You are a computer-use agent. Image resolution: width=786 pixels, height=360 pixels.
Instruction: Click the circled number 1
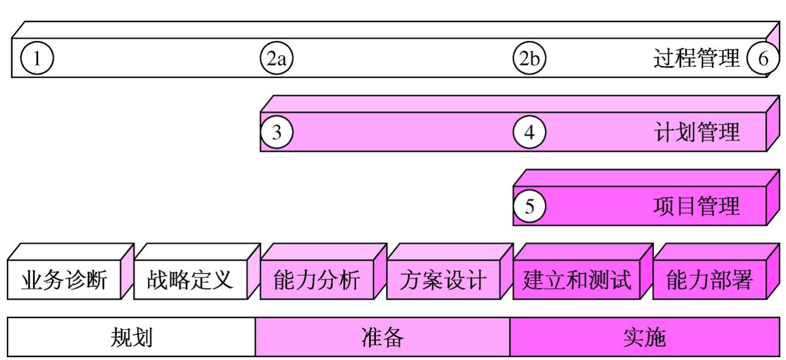click(37, 59)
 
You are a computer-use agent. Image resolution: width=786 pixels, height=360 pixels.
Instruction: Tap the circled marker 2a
click(276, 59)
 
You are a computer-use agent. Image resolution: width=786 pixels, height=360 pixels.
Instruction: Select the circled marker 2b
click(529, 59)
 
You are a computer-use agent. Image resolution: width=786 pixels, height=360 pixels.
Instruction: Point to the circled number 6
click(763, 59)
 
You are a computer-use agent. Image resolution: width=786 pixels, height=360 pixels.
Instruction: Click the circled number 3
click(276, 133)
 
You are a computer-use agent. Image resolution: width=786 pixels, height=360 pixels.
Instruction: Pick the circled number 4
click(529, 133)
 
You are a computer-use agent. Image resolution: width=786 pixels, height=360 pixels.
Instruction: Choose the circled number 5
click(529, 206)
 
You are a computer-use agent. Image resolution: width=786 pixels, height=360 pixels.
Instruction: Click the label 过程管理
click(696, 58)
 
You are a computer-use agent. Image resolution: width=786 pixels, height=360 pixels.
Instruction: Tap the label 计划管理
click(696, 133)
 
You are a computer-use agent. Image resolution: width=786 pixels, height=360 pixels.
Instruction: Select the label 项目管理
click(696, 206)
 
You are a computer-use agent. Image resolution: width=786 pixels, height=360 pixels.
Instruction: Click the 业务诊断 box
click(64, 280)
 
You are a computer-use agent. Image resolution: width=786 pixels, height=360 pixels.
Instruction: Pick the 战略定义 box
click(190, 280)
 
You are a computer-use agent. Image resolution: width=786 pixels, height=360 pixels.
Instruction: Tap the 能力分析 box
click(316, 280)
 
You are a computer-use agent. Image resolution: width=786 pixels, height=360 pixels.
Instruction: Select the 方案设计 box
click(442, 280)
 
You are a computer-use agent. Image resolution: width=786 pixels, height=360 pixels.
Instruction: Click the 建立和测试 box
click(577, 280)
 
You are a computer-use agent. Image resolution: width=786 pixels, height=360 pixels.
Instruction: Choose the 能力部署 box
click(709, 280)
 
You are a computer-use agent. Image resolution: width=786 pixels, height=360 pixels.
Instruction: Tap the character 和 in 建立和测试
click(577, 280)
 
